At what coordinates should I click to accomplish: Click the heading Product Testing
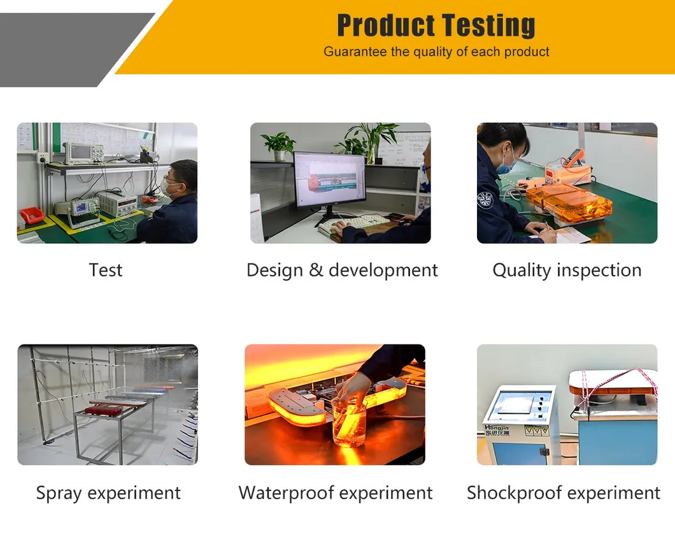click(436, 26)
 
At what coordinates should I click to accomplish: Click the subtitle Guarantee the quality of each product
click(436, 52)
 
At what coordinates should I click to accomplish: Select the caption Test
click(106, 270)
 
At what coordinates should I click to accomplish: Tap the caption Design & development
click(342, 270)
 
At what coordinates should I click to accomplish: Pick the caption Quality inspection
click(567, 270)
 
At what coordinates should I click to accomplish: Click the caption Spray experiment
click(108, 493)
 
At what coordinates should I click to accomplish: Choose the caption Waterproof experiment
click(336, 493)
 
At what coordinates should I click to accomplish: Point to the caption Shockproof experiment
click(564, 493)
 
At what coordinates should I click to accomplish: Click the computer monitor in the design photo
click(329, 179)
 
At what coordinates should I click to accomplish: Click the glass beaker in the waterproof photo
click(349, 421)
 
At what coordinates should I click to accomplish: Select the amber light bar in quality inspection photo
click(569, 202)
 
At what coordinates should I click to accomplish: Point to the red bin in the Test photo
click(31, 215)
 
